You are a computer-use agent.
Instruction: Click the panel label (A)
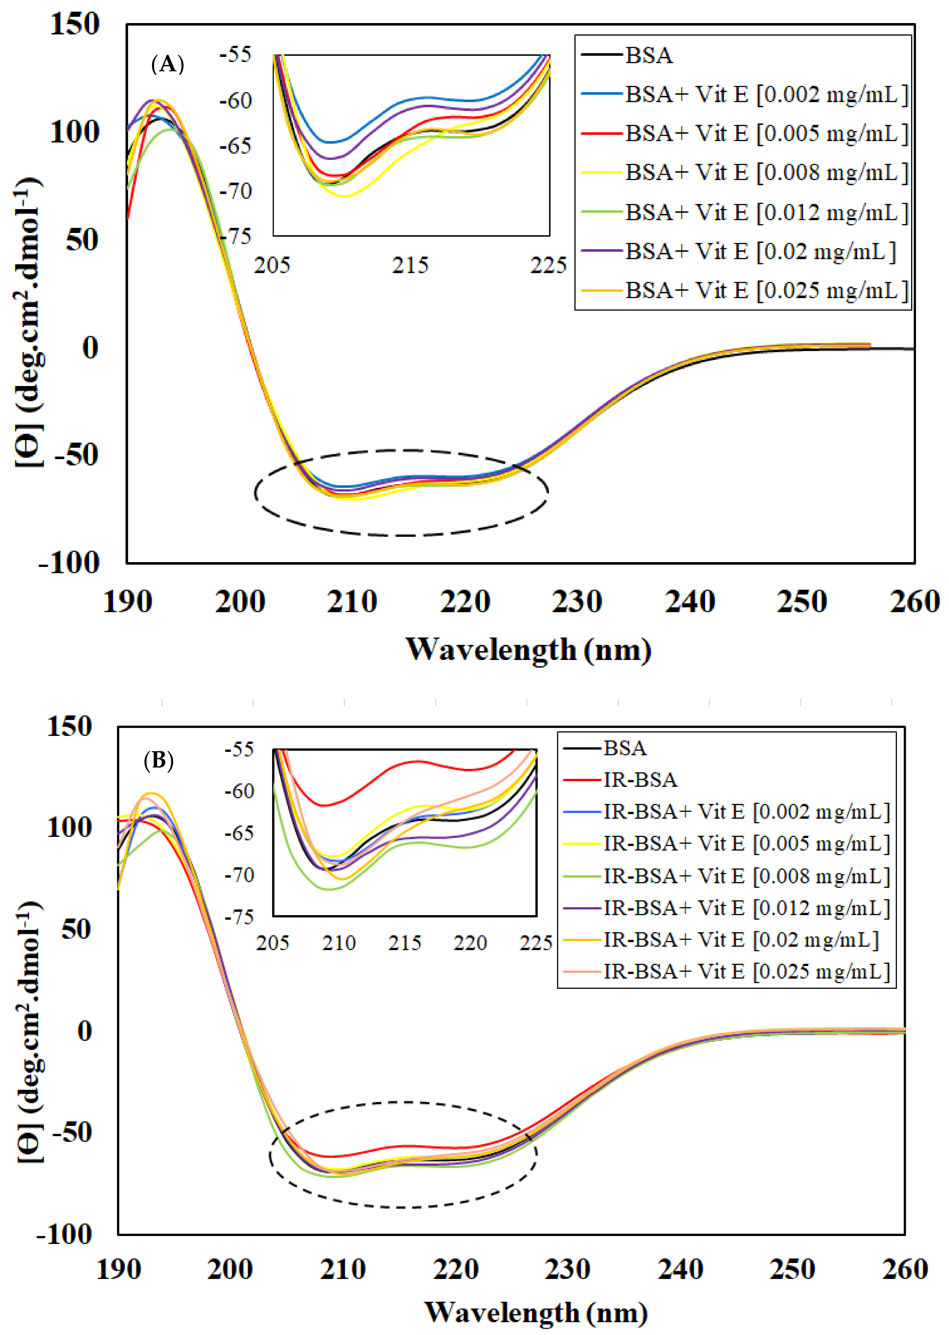click(x=168, y=64)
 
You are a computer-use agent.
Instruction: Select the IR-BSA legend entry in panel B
click(x=640, y=780)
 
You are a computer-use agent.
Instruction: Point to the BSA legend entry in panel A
click(x=649, y=55)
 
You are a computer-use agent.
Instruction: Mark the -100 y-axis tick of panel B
click(x=64, y=1235)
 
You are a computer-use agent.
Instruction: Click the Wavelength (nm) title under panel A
click(x=529, y=649)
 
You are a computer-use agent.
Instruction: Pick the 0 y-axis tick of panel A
click(x=89, y=348)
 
